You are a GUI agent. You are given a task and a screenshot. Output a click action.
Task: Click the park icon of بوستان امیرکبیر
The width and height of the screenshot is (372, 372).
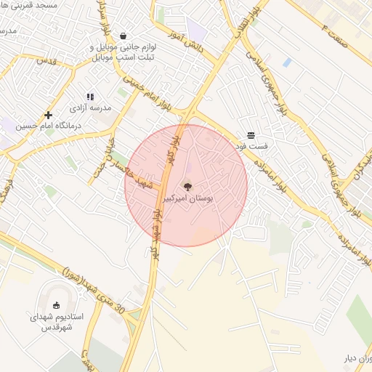[x=188, y=187]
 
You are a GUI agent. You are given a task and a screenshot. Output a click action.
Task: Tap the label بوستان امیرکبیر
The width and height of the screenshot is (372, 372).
[x=188, y=198]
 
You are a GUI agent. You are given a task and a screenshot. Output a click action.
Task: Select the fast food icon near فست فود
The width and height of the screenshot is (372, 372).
[x=251, y=135]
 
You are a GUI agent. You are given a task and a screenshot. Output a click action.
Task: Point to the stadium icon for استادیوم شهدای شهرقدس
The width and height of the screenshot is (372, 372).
[x=57, y=305]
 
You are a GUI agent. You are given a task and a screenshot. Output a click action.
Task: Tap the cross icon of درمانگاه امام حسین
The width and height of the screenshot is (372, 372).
[x=49, y=115]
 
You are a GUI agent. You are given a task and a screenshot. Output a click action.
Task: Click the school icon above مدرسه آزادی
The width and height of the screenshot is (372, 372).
[x=90, y=96]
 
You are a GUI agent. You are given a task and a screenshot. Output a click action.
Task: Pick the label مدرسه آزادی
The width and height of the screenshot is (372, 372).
[x=90, y=107]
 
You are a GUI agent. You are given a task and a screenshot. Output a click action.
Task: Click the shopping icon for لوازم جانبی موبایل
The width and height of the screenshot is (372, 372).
[x=123, y=35]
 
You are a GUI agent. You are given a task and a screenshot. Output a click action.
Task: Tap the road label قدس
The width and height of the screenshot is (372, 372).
[x=46, y=59]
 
